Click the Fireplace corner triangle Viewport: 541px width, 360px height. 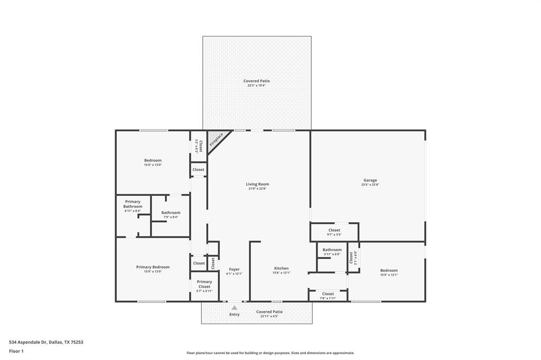coord(216,139)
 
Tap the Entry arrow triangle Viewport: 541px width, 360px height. coord(234,307)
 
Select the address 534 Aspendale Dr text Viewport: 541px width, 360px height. coord(46,342)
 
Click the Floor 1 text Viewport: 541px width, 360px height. coord(16,350)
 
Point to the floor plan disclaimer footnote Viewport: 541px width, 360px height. coord(270,353)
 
